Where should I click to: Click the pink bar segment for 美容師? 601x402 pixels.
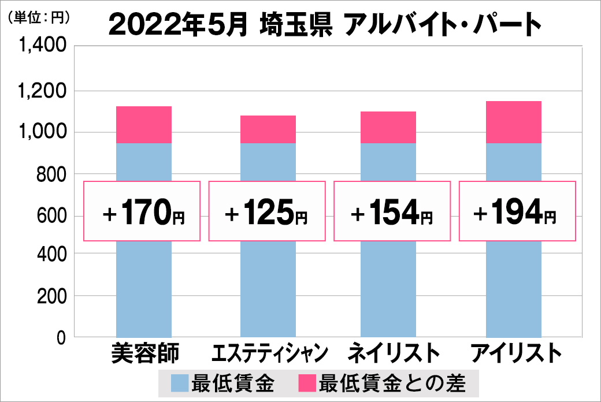pyautogui.click(x=144, y=125)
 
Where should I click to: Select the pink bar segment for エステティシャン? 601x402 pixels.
pyautogui.click(x=268, y=129)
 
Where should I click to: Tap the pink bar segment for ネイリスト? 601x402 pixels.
pyautogui.click(x=388, y=127)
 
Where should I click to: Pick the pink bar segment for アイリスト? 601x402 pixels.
pyautogui.click(x=514, y=122)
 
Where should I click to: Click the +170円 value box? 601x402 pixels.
pyautogui.click(x=143, y=211)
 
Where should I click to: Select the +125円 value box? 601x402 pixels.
pyautogui.click(x=268, y=211)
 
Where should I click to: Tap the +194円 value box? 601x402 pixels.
pyautogui.click(x=515, y=211)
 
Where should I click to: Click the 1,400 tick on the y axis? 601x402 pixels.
pyautogui.click(x=43, y=47)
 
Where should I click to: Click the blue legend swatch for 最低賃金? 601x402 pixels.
pyautogui.click(x=180, y=383)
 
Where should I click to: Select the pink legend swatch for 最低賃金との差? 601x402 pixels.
pyautogui.click(x=307, y=383)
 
